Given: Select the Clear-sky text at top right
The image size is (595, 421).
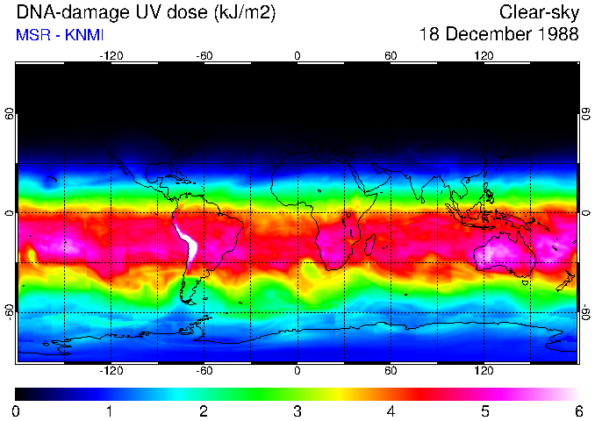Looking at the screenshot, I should pos(539,12).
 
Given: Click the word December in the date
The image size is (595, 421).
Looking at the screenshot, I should pos(488,34).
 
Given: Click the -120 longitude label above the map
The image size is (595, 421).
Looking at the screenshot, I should pos(111,55).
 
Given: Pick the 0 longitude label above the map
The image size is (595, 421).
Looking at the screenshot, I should pos(297,55).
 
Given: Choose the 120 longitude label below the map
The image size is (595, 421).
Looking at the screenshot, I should pos(484,371).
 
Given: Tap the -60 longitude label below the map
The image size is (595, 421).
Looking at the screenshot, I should pos(204,371).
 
